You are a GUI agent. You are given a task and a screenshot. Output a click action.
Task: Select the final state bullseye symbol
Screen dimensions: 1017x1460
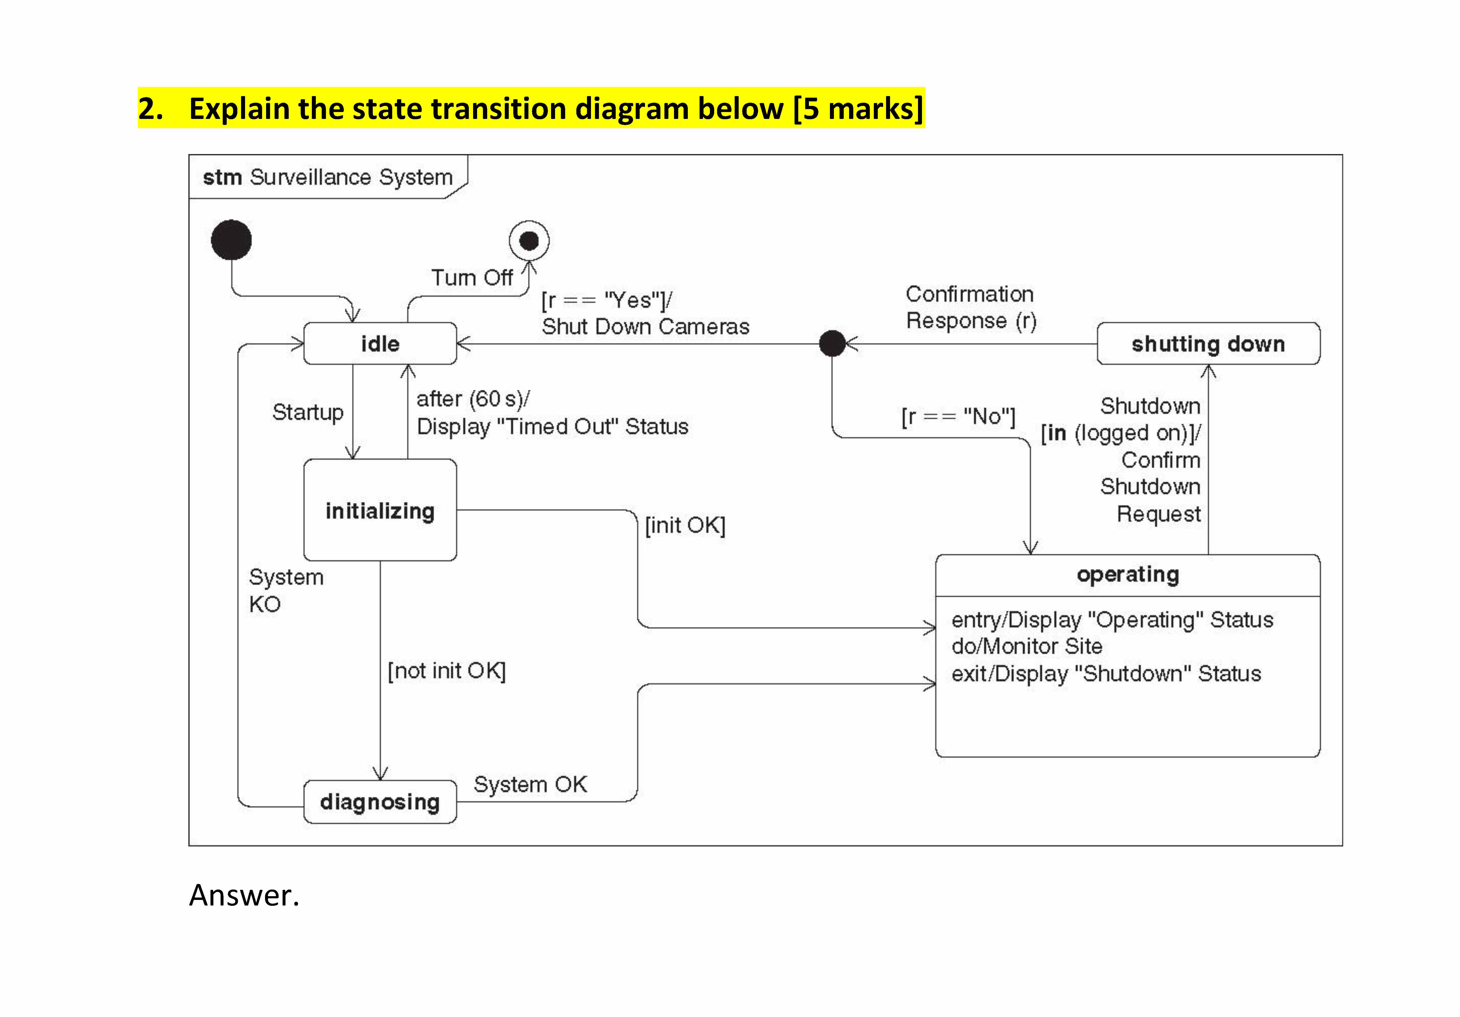[529, 241]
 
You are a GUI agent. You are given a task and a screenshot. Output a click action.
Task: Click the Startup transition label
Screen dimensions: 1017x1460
[308, 412]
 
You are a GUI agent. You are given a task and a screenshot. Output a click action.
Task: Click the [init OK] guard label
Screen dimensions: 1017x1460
[685, 525]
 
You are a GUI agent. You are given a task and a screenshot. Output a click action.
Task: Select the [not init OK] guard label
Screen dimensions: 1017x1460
[446, 670]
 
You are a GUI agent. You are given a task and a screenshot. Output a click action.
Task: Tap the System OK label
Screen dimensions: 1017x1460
[530, 784]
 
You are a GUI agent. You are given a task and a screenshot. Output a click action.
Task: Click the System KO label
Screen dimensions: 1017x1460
[286, 590]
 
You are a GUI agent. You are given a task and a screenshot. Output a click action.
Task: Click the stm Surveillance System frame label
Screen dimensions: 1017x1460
[328, 177]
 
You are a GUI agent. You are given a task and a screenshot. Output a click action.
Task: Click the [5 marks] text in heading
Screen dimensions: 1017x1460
[858, 108]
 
